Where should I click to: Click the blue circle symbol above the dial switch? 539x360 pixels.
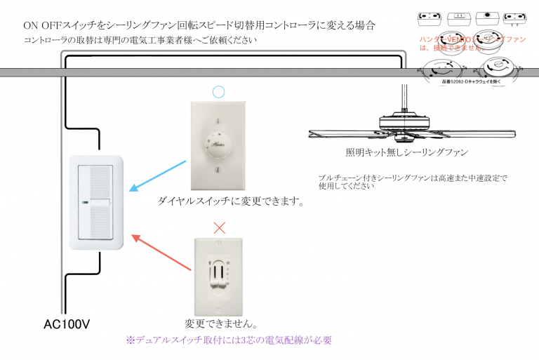click(x=218, y=91)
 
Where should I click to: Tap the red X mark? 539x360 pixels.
click(x=219, y=228)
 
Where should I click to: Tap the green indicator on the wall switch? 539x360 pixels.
click(x=84, y=204)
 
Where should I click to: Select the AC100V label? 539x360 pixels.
click(x=67, y=325)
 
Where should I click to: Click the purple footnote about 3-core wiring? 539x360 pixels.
click(x=229, y=340)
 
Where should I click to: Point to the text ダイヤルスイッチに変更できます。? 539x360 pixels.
click(x=231, y=202)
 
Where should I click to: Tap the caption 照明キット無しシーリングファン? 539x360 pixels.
click(x=406, y=152)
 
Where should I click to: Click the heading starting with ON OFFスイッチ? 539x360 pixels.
click(x=199, y=25)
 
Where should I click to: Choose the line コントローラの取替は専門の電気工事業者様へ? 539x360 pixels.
click(x=140, y=41)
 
